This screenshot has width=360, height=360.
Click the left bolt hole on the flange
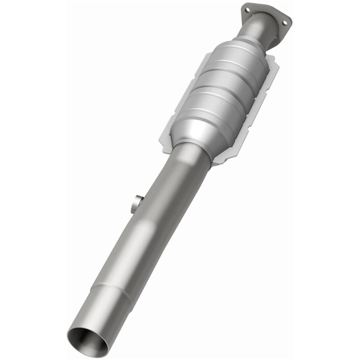click(247, 9)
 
